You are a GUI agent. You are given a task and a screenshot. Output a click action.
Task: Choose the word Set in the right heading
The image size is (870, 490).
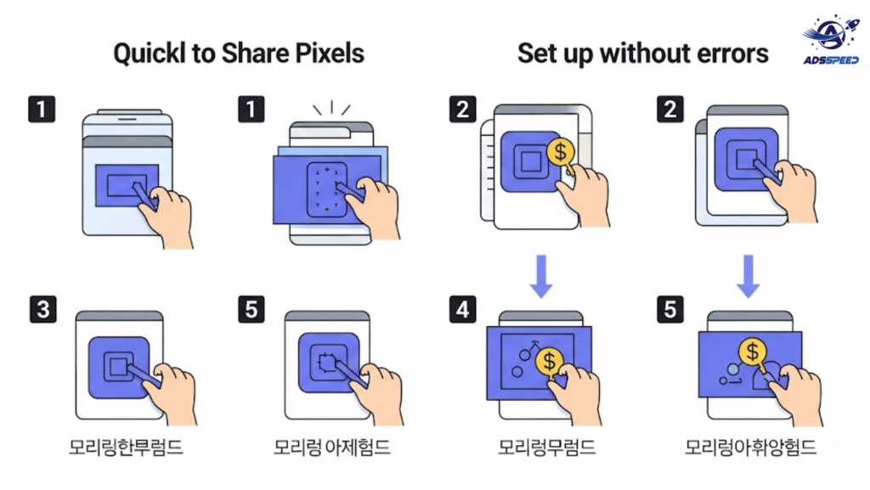point(535,54)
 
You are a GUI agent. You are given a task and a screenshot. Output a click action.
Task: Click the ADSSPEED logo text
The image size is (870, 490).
point(831,59)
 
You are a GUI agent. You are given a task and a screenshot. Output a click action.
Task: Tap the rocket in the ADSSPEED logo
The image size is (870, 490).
point(851,25)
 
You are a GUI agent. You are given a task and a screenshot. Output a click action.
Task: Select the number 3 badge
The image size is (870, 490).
point(42,309)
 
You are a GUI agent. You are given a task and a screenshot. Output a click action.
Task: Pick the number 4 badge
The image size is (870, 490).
point(462,309)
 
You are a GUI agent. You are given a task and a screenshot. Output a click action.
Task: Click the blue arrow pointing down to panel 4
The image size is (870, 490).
point(541,276)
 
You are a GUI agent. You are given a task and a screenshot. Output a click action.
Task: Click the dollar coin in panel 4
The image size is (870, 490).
point(550,362)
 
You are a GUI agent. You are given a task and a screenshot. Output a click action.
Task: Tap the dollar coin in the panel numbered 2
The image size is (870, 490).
point(561,151)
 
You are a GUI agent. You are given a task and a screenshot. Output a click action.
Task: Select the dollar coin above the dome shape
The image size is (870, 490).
point(753,352)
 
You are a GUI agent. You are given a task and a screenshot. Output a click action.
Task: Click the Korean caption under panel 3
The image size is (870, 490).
point(126,448)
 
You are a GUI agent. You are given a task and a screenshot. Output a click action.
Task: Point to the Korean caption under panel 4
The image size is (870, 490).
point(546,448)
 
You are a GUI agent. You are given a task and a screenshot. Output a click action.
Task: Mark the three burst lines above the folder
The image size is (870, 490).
point(332,108)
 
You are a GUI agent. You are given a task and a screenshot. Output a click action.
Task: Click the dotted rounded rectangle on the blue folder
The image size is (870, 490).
point(327,189)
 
